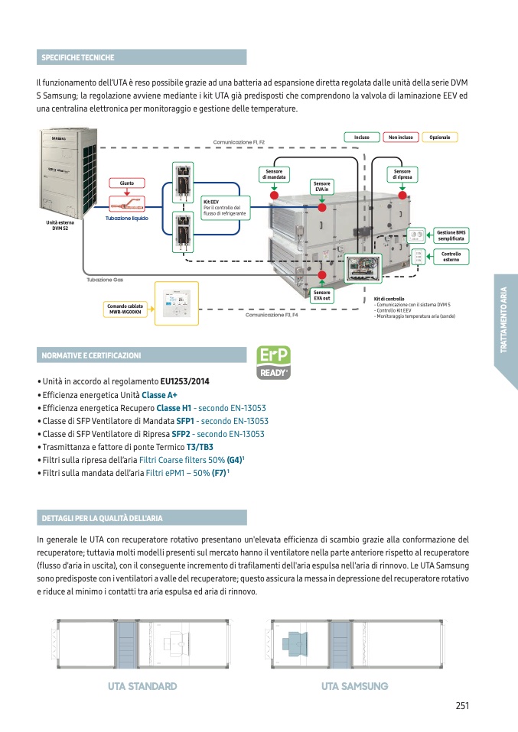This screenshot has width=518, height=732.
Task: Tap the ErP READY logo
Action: click(273, 363)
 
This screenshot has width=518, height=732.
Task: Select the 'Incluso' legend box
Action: click(362, 138)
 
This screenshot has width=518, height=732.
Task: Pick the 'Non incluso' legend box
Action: click(400, 138)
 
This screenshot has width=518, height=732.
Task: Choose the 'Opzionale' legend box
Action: click(440, 138)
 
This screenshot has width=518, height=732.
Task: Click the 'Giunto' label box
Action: click(126, 183)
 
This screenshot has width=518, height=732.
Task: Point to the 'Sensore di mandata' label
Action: click(273, 174)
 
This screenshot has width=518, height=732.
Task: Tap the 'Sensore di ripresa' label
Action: click(402, 174)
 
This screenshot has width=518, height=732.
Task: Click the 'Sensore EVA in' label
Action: click(322, 186)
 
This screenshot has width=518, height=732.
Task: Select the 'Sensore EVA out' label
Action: click(322, 295)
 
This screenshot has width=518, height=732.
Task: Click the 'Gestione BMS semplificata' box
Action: click(451, 235)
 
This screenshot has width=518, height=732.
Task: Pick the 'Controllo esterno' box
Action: click(451, 257)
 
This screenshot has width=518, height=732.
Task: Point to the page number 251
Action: click(461, 706)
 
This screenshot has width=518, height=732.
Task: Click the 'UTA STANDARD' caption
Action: click(142, 686)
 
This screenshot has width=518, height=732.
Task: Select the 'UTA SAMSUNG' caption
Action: click(355, 686)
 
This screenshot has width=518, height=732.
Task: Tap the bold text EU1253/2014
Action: click(184, 381)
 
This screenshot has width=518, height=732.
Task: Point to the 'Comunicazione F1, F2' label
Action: click(239, 142)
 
